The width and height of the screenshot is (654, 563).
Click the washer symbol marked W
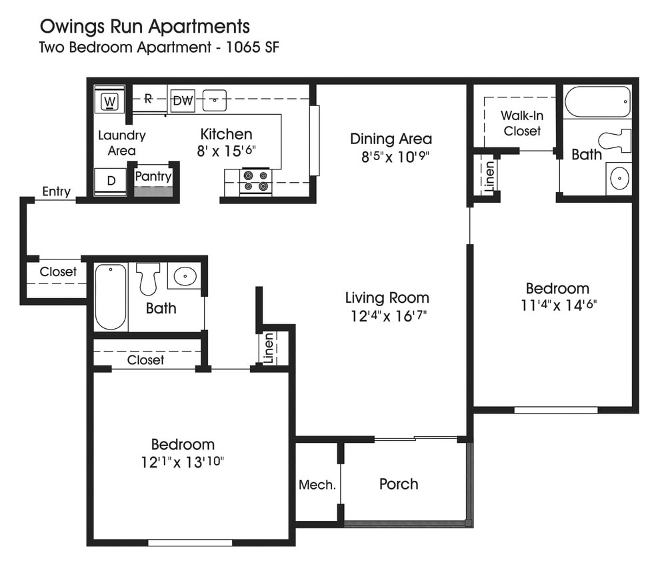pyautogui.click(x=110, y=102)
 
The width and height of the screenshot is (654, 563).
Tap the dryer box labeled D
pyautogui.click(x=110, y=181)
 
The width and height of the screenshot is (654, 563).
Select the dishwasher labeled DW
pyautogui.click(x=183, y=101)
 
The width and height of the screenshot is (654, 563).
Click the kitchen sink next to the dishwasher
pyautogui.click(x=215, y=100)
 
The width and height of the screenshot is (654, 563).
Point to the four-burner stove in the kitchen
pyautogui.click(x=256, y=182)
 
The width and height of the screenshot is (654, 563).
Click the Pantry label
pyautogui.click(x=153, y=177)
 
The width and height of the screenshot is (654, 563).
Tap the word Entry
pyautogui.click(x=56, y=192)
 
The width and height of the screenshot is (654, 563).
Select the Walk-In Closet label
pyautogui.click(x=522, y=123)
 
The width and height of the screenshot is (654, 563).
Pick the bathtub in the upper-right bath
pyautogui.click(x=597, y=102)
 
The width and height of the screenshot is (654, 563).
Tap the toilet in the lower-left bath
pyautogui.click(x=148, y=277)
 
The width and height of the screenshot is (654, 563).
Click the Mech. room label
pyautogui.click(x=317, y=485)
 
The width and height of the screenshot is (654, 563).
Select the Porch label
pyautogui.click(x=399, y=484)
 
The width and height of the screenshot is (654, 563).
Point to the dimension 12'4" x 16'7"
pyautogui.click(x=387, y=316)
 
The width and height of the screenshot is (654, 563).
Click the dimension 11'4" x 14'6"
pyautogui.click(x=557, y=306)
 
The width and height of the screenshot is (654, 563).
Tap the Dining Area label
pyautogui.click(x=391, y=139)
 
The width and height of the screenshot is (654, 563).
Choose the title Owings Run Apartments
pyautogui.click(x=145, y=27)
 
